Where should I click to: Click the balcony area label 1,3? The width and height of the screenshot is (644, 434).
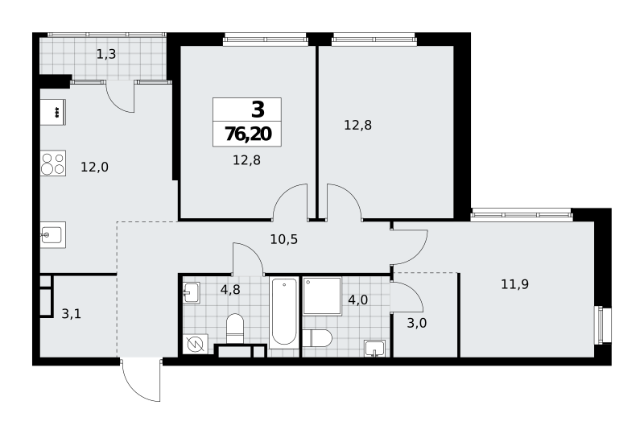point(106,54)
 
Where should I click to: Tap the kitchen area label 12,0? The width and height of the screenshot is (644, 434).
point(94,167)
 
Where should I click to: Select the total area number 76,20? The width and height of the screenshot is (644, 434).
point(248,134)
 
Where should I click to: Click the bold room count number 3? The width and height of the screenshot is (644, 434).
point(258,110)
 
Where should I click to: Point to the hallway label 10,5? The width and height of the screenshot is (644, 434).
point(284,239)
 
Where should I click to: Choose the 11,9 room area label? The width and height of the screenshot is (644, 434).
point(514,284)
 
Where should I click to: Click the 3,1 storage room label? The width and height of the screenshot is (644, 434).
point(71,314)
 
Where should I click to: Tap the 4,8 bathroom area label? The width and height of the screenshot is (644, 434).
point(230,290)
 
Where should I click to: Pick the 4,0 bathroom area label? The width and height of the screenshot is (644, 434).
point(357,300)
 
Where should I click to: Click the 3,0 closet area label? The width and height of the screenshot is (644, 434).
point(416,324)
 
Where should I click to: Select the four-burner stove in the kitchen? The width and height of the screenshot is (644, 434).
point(53,163)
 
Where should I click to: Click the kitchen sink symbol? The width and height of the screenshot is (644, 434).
point(53,234)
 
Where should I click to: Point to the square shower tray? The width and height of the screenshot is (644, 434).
point(323,296)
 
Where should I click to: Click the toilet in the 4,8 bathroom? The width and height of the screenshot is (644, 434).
point(235,329)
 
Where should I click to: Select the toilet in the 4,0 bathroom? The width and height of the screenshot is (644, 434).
point(317,338)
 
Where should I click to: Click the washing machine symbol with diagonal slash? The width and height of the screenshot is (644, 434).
point(196,345)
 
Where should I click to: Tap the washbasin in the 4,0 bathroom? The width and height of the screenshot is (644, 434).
point(374,349)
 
